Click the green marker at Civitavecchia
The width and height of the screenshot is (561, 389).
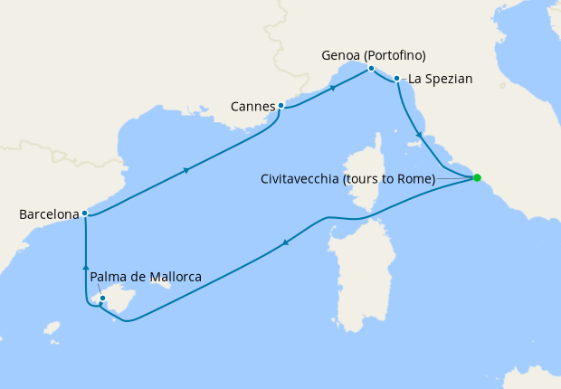tap(477, 177)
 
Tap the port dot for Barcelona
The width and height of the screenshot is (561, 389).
tap(84, 213)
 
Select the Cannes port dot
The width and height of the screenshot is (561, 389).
tap(281, 106)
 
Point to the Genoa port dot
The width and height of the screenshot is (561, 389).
tap(371, 69)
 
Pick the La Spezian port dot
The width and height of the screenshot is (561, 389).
tap(397, 80)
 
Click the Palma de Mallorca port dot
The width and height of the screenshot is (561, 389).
tap(102, 298)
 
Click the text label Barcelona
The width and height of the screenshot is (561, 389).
tap(48, 214)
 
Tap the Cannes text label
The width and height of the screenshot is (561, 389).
tap(252, 106)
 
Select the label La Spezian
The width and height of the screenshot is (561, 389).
tap(441, 80)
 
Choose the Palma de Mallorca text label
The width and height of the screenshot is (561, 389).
tap(146, 277)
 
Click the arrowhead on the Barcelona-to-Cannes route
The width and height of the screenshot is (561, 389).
tap(185, 170)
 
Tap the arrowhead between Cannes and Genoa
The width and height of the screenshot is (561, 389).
tap(333, 88)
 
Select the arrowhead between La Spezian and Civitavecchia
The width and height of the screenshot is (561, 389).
tap(419, 136)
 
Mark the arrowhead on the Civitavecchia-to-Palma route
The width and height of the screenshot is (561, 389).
tap(285, 242)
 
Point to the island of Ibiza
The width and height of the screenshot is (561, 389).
tap(51, 327)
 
